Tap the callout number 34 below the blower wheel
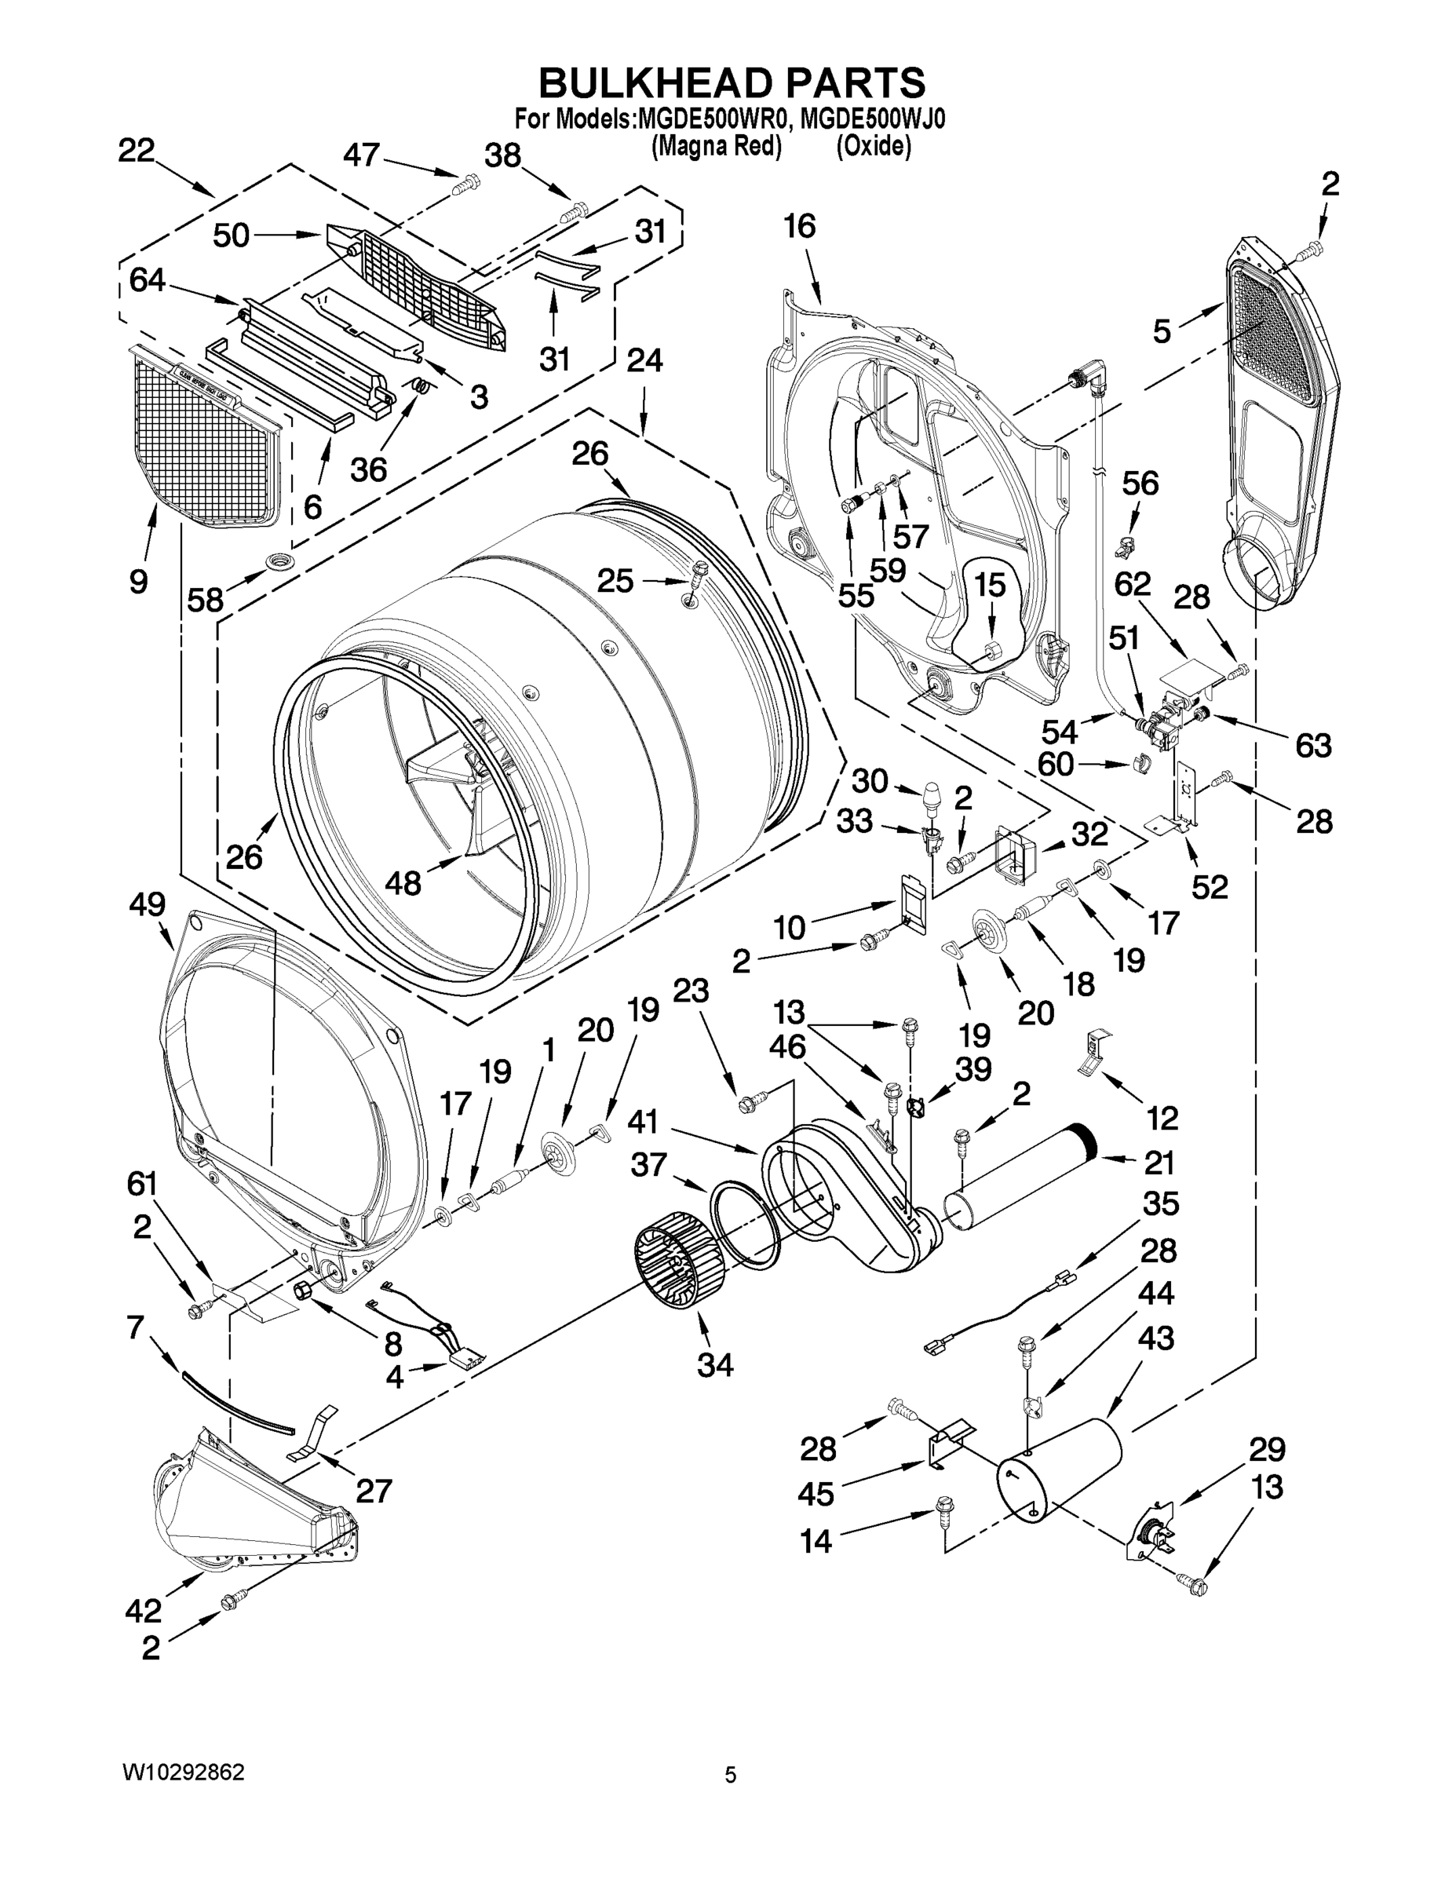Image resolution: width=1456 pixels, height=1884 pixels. tap(715, 1364)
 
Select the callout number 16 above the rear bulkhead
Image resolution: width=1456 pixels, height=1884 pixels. tap(799, 226)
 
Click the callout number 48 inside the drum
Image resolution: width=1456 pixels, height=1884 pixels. tap(402, 882)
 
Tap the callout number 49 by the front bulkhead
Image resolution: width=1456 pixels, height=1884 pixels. tap(147, 904)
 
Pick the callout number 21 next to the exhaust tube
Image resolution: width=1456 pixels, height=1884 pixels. tap(1159, 1163)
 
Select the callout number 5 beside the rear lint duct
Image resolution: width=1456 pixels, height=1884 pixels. tap(1162, 331)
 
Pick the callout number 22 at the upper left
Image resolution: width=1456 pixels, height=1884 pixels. tap(136, 150)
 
